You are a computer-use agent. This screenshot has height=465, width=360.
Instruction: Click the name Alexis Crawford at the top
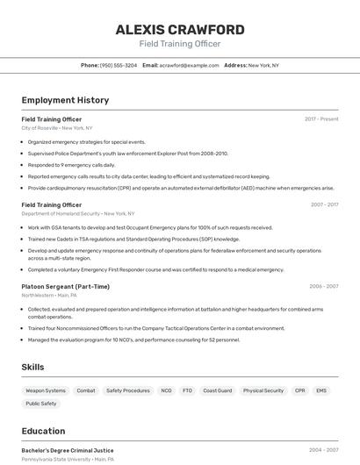(180, 30)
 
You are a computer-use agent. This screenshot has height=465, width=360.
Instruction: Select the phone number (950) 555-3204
(118, 65)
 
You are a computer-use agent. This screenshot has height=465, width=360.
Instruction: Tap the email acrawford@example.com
(189, 65)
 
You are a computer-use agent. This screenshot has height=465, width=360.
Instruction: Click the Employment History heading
(65, 100)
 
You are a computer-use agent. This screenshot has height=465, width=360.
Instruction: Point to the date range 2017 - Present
(321, 118)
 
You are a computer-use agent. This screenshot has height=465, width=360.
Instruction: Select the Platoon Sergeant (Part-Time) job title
(66, 286)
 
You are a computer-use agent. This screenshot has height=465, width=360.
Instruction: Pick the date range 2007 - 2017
(324, 204)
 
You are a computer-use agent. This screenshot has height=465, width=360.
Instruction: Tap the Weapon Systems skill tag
(46, 390)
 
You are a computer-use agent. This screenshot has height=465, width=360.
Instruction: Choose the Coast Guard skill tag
(217, 390)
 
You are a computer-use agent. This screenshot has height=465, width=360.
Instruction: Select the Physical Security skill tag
(263, 390)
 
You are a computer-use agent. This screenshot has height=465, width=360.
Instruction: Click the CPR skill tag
(299, 390)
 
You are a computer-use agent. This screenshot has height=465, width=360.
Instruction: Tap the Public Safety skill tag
(41, 404)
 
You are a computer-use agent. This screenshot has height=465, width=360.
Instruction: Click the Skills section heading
(32, 367)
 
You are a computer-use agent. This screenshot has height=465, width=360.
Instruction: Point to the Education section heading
(43, 431)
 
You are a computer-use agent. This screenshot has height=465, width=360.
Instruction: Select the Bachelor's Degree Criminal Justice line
(68, 450)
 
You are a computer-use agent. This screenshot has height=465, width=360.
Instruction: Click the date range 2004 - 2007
(323, 450)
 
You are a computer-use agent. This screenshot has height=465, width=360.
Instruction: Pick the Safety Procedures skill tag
(128, 390)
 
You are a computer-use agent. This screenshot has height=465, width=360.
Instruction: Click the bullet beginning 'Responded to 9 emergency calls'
(71, 164)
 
